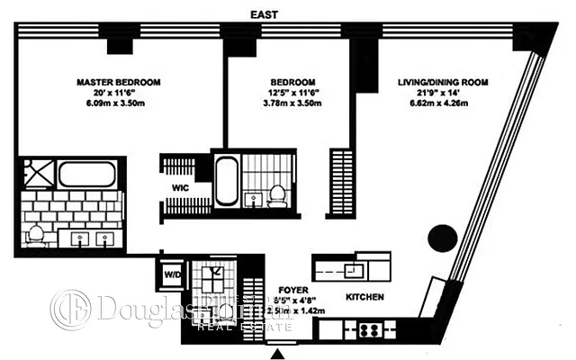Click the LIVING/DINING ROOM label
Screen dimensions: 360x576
[443, 83]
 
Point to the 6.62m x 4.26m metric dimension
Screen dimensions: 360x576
[443, 105]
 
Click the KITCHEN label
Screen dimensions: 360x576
[365, 297]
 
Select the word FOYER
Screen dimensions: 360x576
[294, 291]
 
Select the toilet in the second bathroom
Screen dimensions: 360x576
[278, 193]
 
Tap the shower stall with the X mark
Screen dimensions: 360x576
[214, 274]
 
